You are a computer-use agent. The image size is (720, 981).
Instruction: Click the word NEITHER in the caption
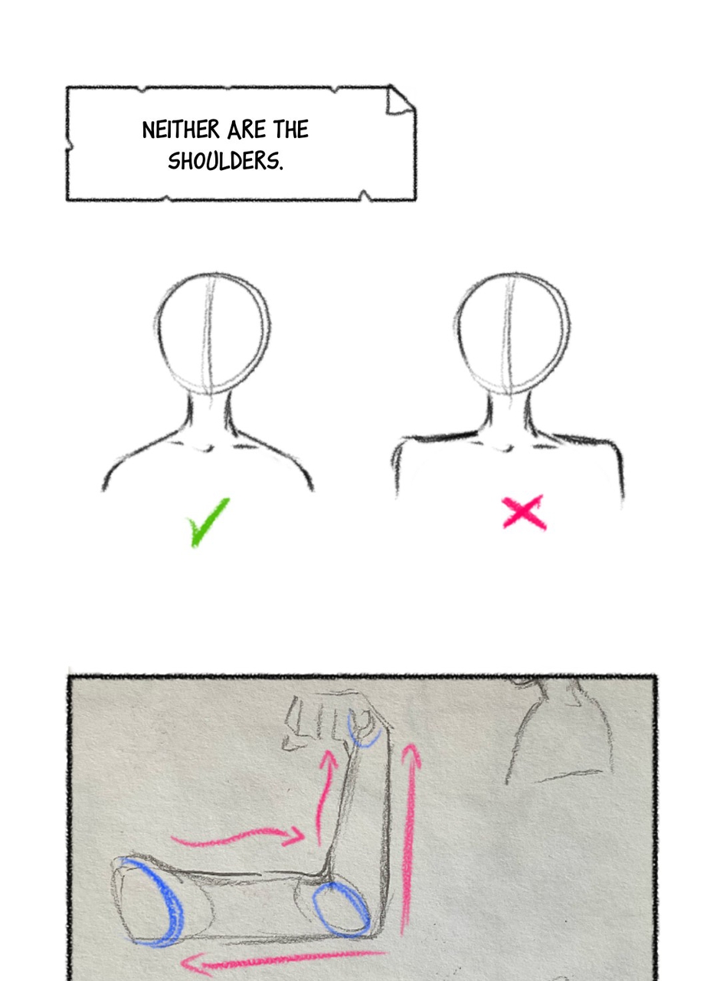tap(181, 130)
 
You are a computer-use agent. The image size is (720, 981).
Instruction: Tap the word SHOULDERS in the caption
tap(225, 161)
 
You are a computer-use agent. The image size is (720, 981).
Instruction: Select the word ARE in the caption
tap(246, 130)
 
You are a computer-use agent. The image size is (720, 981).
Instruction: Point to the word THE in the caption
tap(291, 130)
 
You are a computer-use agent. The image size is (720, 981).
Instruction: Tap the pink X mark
tap(524, 512)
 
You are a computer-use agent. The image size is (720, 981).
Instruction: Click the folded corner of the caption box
tap(400, 100)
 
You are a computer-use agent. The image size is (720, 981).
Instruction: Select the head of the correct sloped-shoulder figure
tap(212, 333)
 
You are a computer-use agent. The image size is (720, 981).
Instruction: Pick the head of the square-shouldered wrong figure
tap(512, 333)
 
